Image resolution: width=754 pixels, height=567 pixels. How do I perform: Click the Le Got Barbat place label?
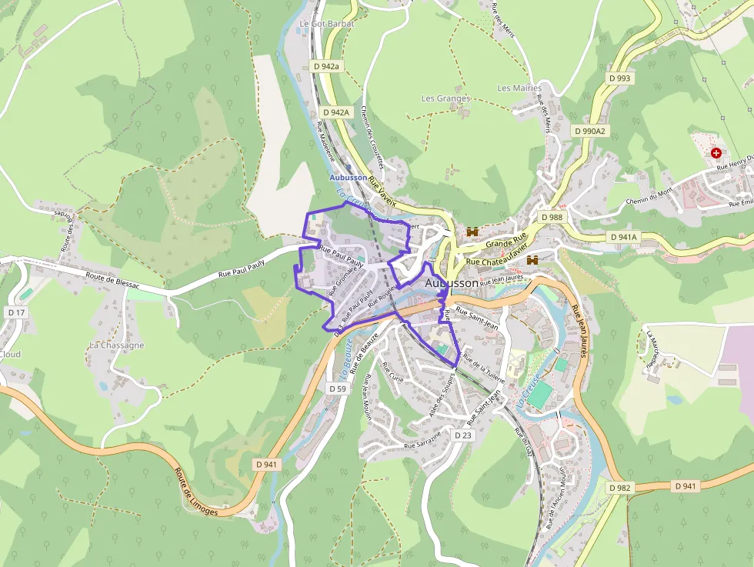326,24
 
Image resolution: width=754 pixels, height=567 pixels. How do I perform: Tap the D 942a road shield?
325,66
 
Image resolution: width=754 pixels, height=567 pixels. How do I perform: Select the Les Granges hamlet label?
445,98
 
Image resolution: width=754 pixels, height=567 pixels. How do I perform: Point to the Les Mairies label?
519,88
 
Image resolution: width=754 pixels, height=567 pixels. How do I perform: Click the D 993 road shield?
619,78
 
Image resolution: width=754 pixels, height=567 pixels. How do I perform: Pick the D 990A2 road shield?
590,131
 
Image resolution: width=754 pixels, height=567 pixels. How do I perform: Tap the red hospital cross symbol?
717,154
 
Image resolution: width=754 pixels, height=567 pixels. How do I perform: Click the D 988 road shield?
552,218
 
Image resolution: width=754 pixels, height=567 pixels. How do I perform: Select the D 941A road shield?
622,237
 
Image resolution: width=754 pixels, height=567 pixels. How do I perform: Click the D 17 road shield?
16,312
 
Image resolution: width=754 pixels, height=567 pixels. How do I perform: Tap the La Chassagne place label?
116,345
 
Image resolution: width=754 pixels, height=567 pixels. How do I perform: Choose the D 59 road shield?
337,389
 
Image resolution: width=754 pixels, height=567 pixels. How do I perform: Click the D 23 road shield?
462,435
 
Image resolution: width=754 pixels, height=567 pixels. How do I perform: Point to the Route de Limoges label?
195,493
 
